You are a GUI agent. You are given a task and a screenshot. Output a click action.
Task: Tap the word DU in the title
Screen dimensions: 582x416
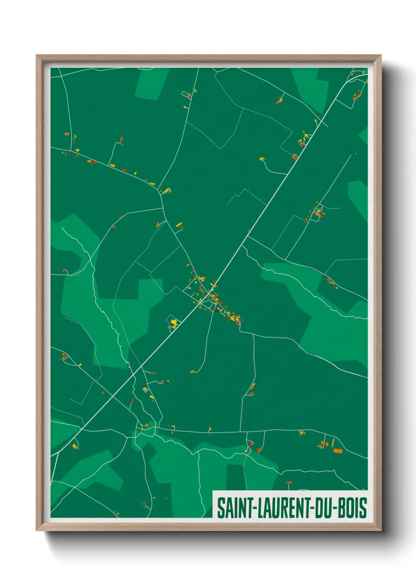322,508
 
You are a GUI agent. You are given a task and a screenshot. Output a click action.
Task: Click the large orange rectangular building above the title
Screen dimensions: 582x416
338,451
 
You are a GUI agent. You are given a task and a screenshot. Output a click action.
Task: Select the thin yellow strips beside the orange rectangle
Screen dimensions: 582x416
333,443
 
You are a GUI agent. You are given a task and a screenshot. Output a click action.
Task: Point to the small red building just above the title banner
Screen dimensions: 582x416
289,482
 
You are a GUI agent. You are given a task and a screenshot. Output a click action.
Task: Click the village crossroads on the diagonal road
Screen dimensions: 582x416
209,294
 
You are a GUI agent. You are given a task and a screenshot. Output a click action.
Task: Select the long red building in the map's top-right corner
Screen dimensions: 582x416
357,96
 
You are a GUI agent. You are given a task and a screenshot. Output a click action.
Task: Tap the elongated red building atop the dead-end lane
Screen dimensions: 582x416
121,139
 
